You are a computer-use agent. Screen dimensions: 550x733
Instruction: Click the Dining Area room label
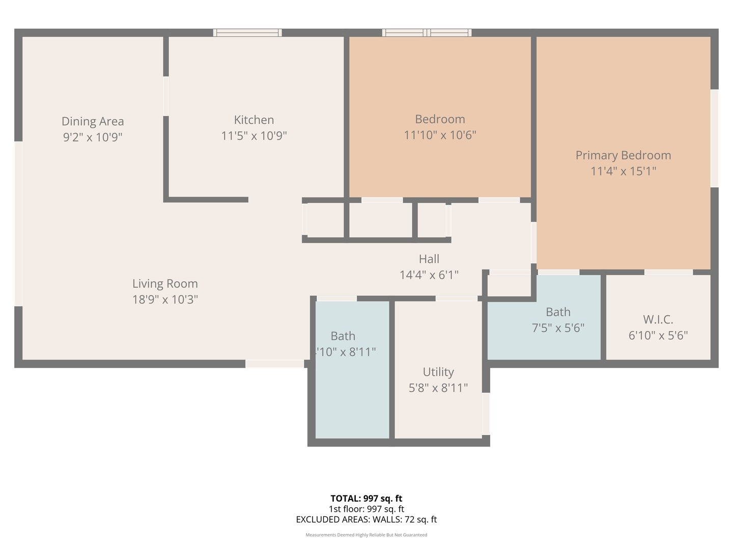93,121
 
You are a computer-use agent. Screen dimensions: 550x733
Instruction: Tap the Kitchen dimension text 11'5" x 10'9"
254,136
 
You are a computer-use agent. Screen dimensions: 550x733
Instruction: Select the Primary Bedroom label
623,155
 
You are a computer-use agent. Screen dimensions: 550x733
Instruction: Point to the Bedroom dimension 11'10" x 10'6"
440,135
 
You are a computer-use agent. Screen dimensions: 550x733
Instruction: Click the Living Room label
165,284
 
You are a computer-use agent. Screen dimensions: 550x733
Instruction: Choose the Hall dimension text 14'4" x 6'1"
429,275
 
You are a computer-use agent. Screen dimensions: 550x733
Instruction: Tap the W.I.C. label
658,319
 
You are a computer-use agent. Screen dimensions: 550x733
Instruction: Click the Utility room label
438,372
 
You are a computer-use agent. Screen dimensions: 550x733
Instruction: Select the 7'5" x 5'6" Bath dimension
558,328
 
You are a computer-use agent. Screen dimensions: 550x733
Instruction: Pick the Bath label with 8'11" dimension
343,336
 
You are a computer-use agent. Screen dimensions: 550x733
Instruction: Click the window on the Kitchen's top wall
247,33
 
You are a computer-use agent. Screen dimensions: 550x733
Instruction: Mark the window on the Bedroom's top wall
427,33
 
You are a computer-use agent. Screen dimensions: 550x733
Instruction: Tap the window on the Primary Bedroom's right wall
714,138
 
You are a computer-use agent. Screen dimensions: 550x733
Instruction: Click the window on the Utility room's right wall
486,413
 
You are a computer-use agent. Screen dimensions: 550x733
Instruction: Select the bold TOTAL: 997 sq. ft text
366,499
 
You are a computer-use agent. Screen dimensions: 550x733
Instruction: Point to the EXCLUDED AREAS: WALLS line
366,519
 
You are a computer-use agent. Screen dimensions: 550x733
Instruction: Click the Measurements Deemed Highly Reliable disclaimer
366,535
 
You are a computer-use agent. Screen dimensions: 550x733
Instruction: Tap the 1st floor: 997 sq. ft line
366,509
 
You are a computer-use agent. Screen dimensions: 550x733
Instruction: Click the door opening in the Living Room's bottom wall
275,364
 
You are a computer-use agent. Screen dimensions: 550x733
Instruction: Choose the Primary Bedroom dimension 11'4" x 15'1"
623,171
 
